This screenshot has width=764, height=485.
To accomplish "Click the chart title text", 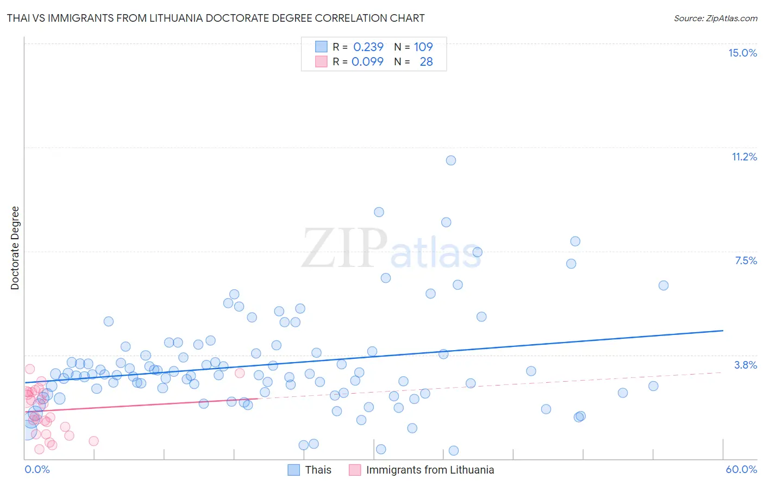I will (216, 18).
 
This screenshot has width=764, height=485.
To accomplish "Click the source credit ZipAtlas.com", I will (715, 18).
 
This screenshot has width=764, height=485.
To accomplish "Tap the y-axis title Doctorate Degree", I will (15, 248).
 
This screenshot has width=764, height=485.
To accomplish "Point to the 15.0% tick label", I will (742, 53).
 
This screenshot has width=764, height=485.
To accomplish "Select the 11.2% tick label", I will (744, 157).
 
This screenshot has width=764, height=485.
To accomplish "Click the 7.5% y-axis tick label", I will (746, 260).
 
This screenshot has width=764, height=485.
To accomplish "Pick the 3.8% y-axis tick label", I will (746, 365).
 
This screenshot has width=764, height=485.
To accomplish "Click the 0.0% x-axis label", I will (37, 469).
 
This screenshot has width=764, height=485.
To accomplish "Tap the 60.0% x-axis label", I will (741, 469).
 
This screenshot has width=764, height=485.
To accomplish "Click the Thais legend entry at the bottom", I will (318, 470).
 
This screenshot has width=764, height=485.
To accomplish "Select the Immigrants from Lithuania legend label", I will (430, 470).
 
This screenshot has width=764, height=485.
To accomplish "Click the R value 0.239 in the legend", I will (368, 47).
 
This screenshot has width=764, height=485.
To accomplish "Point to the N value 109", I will (423, 47).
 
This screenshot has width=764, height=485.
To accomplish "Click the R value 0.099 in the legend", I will (367, 61).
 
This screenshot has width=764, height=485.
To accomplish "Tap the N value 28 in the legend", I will (426, 61).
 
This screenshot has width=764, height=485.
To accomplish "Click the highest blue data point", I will (451, 160).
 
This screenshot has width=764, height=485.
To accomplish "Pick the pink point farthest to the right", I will (240, 373).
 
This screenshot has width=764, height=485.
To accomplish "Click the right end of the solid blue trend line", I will (723, 331).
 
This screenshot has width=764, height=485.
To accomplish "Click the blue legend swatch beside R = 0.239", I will (321, 47).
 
